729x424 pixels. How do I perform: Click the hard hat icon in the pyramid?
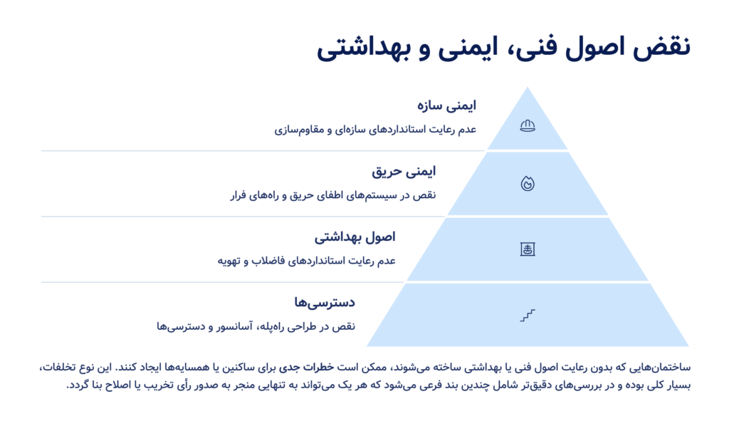click(528, 125)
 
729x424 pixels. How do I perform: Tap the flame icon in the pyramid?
click(528, 183)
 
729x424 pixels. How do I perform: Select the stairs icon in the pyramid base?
click(528, 315)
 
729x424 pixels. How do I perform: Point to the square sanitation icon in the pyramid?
click(528, 249)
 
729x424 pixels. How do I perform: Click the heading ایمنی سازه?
click(446, 105)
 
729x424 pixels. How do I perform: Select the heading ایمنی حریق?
click(404, 172)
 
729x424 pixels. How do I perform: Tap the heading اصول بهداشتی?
click(355, 237)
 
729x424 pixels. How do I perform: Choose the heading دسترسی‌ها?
click(325, 303)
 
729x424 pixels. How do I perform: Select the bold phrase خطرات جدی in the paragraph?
click(306, 367)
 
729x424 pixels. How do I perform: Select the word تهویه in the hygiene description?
click(229, 261)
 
